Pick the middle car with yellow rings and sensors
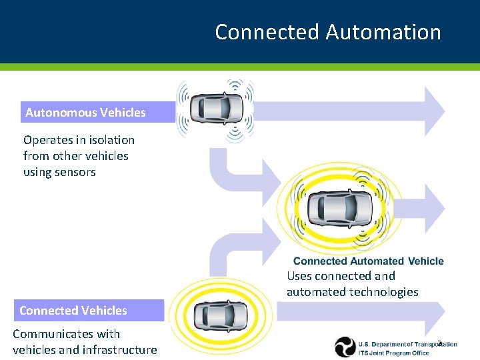click(x=339, y=208)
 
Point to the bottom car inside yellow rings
click(x=220, y=314)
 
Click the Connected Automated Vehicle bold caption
click(x=368, y=261)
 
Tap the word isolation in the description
click(x=108, y=140)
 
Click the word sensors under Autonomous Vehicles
click(x=77, y=172)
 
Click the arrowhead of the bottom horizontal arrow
click(x=434, y=313)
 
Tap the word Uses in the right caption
click(x=299, y=276)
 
